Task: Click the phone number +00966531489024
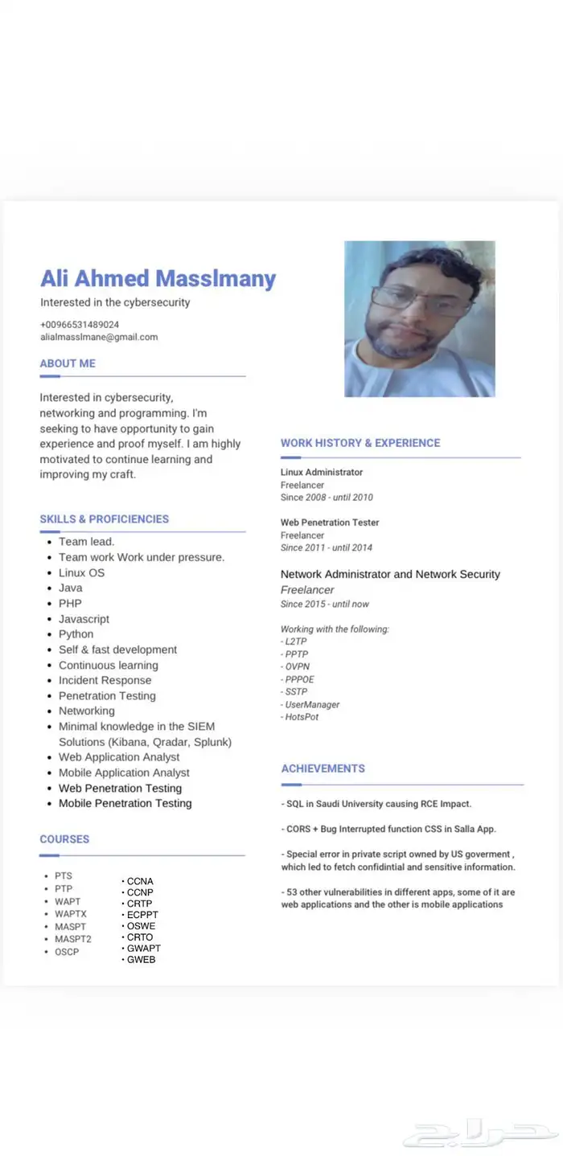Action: [x=80, y=324]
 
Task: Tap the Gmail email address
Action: [x=99, y=337]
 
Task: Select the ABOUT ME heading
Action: [x=68, y=363]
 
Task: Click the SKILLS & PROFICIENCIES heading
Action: [x=105, y=519]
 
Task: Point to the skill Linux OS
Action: [x=81, y=572]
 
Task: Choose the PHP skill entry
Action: [x=70, y=603]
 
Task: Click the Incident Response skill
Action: [x=105, y=680]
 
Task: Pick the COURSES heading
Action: [x=64, y=839]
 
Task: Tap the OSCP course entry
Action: [x=67, y=952]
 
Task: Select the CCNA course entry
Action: [x=140, y=881]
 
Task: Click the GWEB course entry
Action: [x=141, y=959]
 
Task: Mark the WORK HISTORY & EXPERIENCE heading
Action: [x=360, y=443]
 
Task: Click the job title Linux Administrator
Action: [x=322, y=472]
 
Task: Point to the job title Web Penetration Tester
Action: [x=330, y=523]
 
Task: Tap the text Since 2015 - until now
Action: [x=325, y=604]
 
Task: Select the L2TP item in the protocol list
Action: [x=295, y=642]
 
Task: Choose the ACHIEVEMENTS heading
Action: [x=323, y=769]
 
